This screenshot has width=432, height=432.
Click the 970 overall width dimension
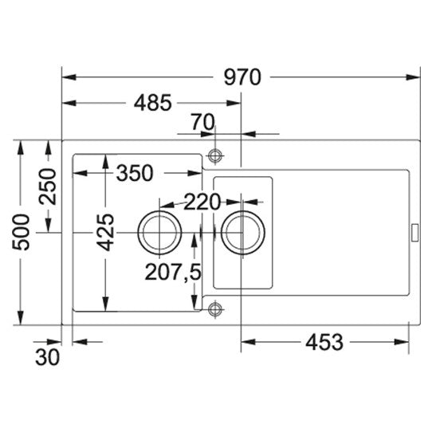click(x=242, y=77)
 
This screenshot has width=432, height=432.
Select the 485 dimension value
click(x=153, y=103)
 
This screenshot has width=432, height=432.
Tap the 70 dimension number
click(x=203, y=122)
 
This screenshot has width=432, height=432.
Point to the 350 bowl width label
click(x=135, y=173)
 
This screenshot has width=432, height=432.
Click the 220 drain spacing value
click(x=202, y=202)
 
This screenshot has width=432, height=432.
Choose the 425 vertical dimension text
click(x=105, y=232)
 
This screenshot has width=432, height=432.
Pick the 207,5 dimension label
click(x=173, y=273)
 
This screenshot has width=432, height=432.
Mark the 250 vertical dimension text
click(x=47, y=187)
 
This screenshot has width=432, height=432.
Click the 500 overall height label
click(x=21, y=232)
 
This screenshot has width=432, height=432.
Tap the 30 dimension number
click(x=47, y=357)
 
